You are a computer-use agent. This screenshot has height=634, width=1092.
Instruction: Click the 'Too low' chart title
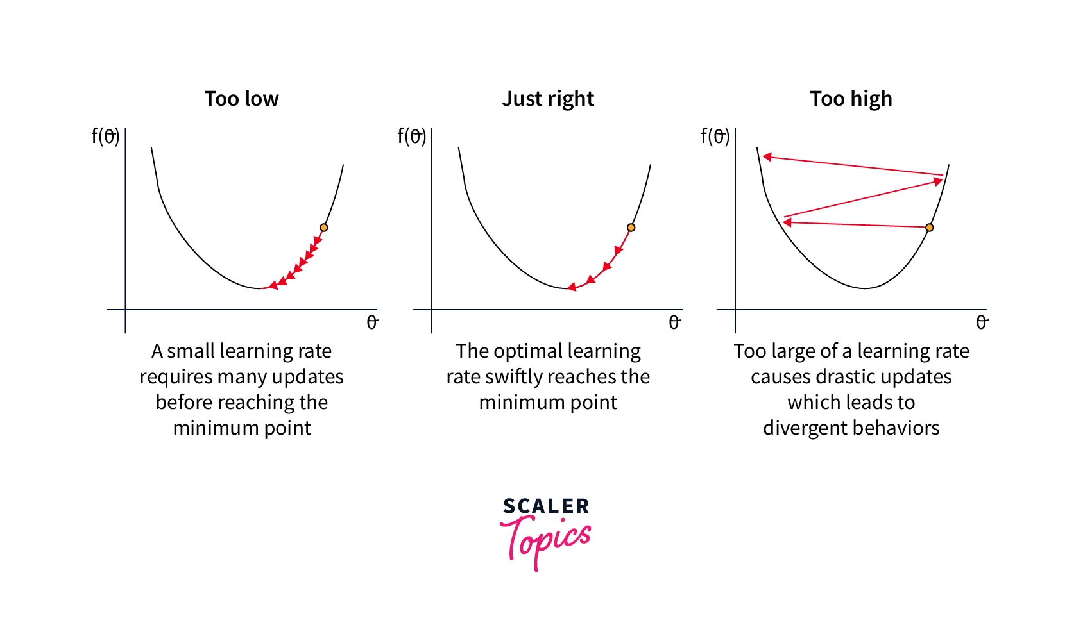[x=241, y=99]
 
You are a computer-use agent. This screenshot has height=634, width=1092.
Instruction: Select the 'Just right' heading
[x=548, y=99]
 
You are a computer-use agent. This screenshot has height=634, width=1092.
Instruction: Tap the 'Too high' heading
[x=851, y=99]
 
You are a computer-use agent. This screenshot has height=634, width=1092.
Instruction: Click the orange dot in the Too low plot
[x=324, y=228]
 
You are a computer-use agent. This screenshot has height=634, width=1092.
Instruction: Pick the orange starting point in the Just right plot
[x=631, y=228]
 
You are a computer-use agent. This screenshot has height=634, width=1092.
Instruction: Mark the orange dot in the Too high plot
[x=929, y=228]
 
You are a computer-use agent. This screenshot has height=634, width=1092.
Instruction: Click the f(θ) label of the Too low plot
[x=105, y=136]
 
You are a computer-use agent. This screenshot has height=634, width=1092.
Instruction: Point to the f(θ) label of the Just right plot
[x=412, y=136]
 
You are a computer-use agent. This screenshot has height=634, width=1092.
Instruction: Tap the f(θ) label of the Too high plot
[x=715, y=136]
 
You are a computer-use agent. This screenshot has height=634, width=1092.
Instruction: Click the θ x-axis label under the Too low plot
[x=372, y=322]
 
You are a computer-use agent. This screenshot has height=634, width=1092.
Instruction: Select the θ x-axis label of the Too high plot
[x=981, y=322]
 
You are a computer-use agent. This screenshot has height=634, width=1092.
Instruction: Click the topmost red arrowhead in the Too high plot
[x=767, y=156]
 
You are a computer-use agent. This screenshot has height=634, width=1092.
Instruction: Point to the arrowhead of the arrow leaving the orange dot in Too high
[x=787, y=222]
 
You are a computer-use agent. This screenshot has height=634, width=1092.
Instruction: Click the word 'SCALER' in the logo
[x=546, y=506]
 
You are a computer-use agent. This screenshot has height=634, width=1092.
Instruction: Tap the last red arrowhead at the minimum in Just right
[x=571, y=287]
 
